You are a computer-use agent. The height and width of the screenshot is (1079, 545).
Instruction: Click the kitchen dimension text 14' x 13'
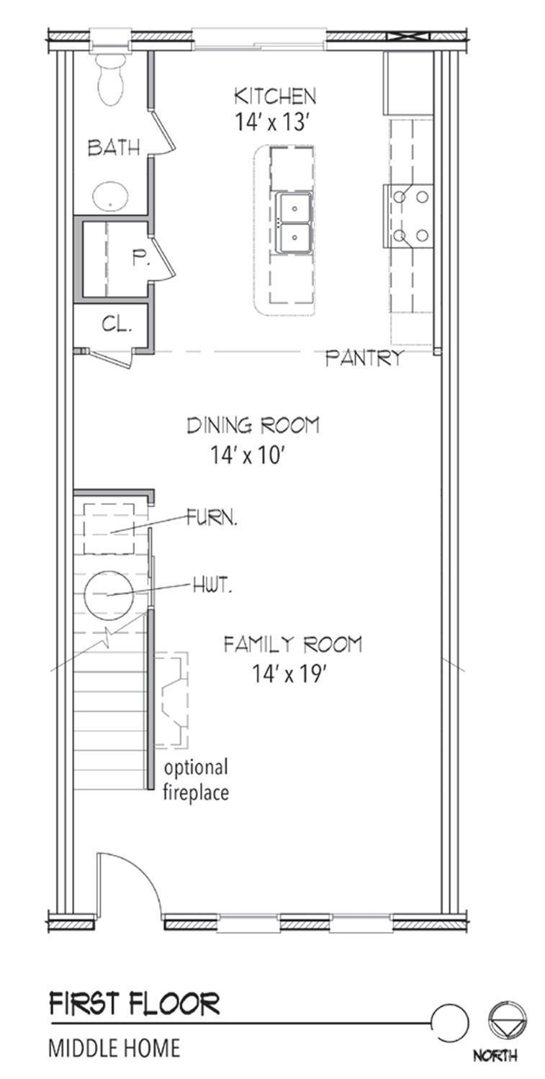tap(271, 122)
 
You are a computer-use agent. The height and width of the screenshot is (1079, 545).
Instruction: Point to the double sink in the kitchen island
tap(293, 222)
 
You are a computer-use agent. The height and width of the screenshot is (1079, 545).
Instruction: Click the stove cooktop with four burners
tap(409, 216)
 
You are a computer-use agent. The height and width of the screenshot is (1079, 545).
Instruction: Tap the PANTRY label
tap(363, 358)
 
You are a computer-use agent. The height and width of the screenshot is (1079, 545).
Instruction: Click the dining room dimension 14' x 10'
tap(246, 455)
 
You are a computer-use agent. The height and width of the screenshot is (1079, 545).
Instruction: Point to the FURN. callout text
tap(212, 519)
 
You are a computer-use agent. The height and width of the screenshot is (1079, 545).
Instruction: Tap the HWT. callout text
tap(212, 586)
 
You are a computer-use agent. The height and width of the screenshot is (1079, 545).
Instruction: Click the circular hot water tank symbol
tap(109, 594)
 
